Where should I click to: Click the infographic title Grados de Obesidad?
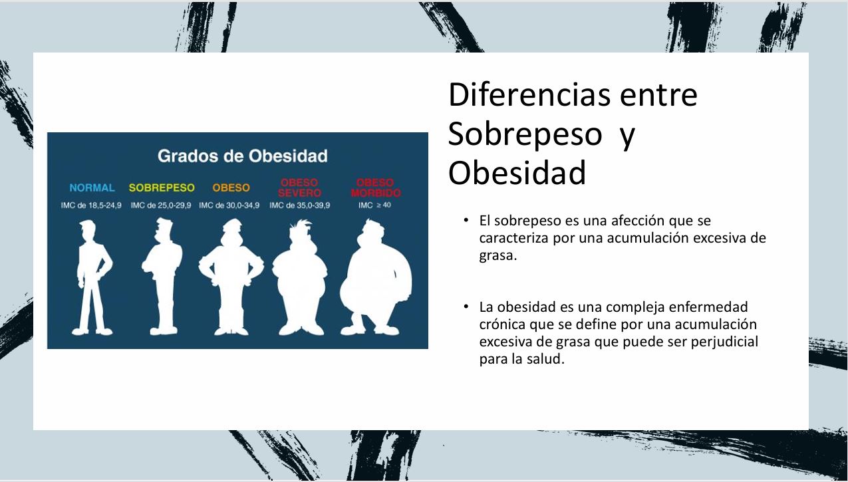[242, 156]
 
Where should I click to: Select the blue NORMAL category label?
[92, 188]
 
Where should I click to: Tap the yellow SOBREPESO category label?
[162, 188]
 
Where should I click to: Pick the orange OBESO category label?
[231, 188]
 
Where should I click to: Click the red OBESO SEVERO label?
[299, 187]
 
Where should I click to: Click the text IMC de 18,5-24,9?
[92, 205]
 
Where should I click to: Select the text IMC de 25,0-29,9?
[161, 205]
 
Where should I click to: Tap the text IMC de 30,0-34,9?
[229, 205]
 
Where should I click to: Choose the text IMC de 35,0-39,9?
[299, 205]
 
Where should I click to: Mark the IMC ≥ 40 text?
[374, 205]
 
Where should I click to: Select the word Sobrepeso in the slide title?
[525, 134]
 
